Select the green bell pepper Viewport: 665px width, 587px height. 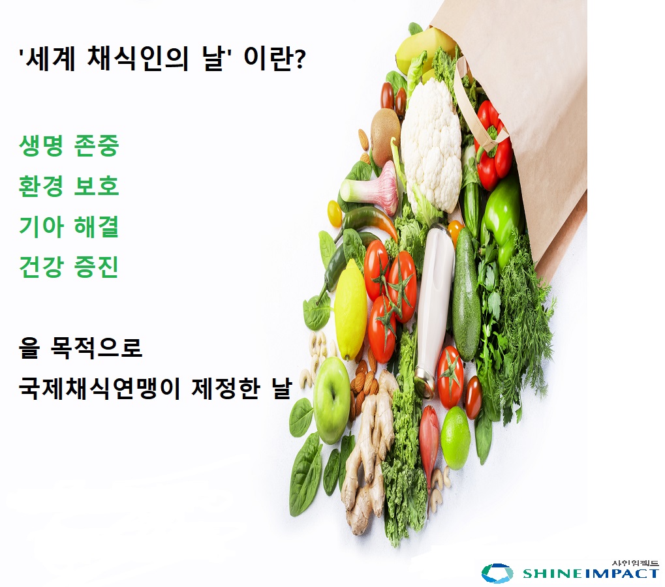[503, 220]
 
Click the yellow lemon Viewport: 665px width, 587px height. [350, 310]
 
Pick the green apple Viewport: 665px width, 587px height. [332, 400]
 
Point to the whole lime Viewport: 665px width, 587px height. [456, 438]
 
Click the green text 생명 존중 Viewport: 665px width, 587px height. [69, 145]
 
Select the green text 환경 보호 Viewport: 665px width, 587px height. [69, 186]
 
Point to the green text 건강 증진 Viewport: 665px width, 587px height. [69, 266]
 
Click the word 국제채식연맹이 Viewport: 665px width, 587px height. [99, 387]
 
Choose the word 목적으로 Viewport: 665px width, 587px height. [97, 348]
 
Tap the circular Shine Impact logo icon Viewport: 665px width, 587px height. [497, 573]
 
